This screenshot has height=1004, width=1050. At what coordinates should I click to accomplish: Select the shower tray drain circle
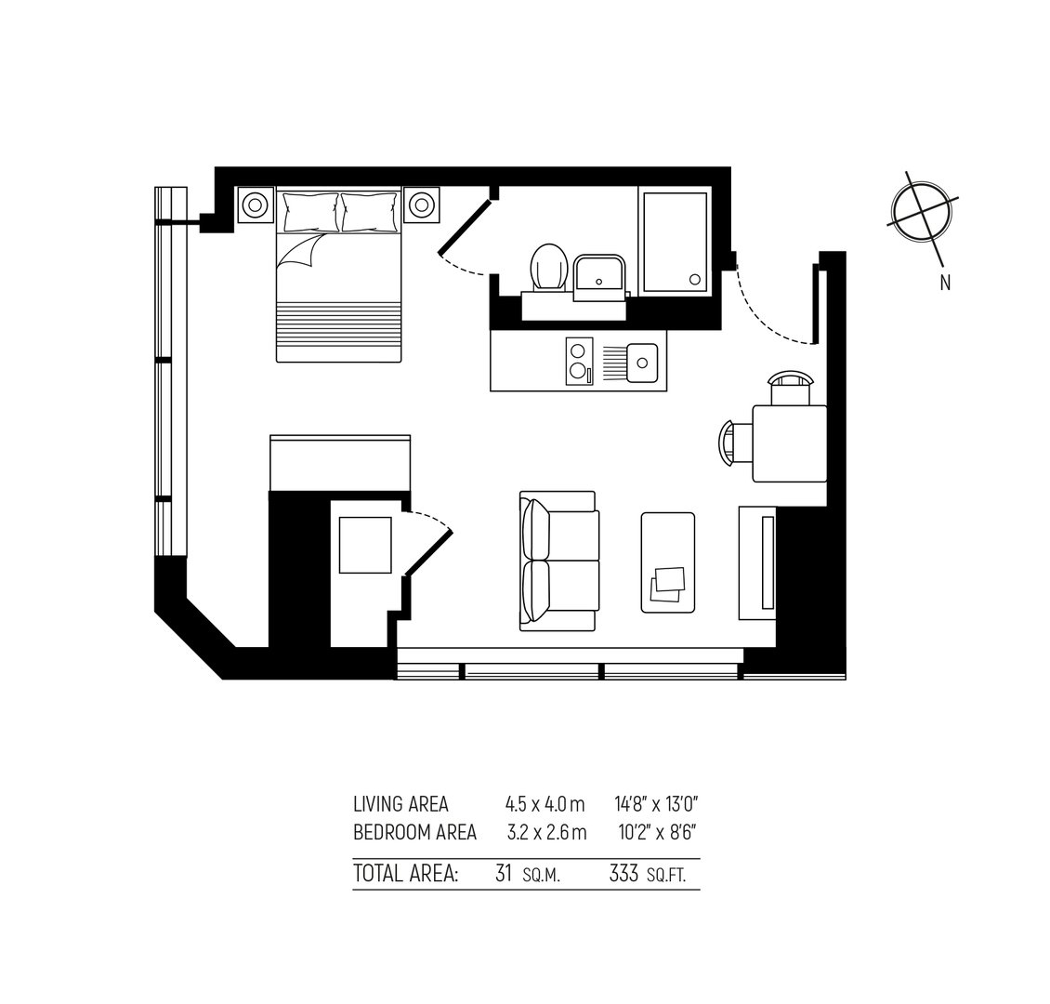[x=695, y=279]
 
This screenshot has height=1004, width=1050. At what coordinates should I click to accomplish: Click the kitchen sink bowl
[x=642, y=363]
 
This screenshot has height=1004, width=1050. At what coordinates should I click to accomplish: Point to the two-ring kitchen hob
[x=580, y=362]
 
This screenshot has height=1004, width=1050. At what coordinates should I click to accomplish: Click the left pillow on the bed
[x=311, y=212]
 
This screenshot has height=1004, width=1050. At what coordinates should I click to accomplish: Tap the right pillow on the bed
[x=369, y=212]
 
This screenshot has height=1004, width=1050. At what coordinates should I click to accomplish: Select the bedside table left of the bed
[x=256, y=205]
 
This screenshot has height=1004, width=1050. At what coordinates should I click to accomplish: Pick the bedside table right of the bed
[x=421, y=205]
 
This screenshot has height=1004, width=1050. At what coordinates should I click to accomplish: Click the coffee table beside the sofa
[x=668, y=562]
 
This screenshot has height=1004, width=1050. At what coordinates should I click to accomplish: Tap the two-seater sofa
[x=558, y=561]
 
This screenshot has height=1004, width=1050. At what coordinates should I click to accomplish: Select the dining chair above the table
[x=791, y=390]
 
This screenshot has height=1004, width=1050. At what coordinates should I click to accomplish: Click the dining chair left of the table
[x=736, y=443]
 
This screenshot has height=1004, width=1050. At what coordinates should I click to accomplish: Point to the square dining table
[x=790, y=443]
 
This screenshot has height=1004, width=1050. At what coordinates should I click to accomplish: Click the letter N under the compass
[x=945, y=284]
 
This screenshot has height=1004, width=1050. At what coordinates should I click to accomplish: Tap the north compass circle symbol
[x=922, y=211]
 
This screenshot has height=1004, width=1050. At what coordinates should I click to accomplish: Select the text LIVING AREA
[x=400, y=804]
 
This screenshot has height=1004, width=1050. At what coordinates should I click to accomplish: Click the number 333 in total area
[x=623, y=874]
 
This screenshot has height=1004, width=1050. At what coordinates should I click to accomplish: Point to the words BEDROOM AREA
[x=414, y=833]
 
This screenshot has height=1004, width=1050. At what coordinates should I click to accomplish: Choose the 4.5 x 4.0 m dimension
[x=545, y=804]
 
